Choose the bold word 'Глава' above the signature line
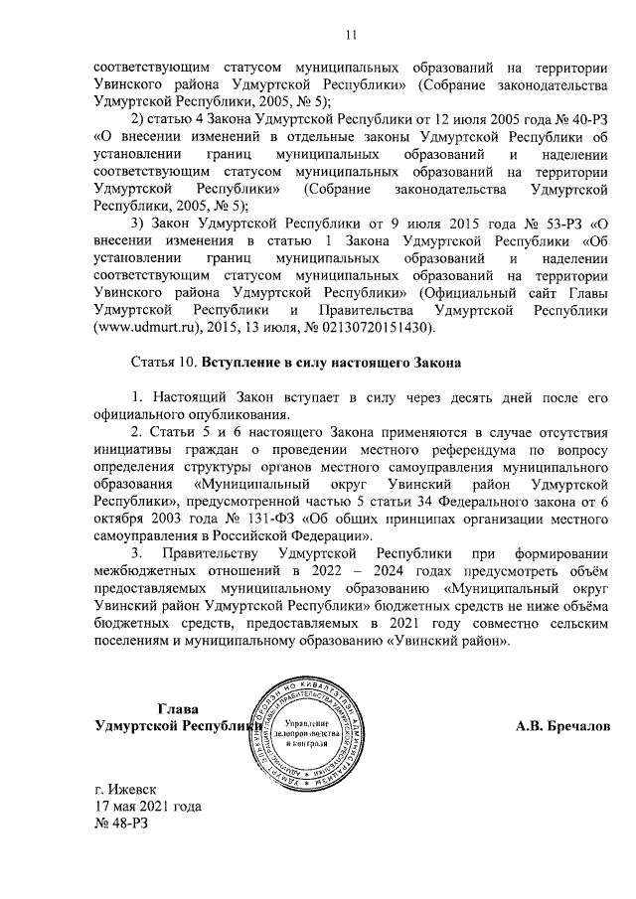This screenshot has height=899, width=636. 179,708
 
